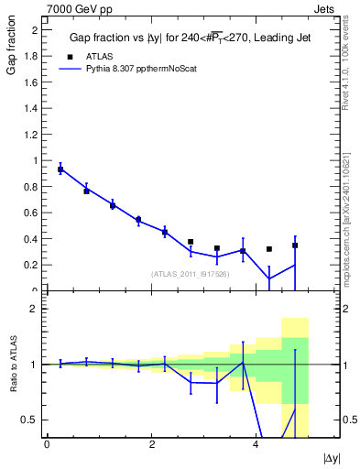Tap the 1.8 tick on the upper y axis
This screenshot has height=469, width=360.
point(32,56)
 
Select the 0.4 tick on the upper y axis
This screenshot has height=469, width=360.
point(32,239)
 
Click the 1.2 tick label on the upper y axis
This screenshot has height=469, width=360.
point(32,135)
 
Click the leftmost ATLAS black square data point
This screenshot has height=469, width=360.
point(60,169)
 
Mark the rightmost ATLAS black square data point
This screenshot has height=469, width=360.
point(295,245)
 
